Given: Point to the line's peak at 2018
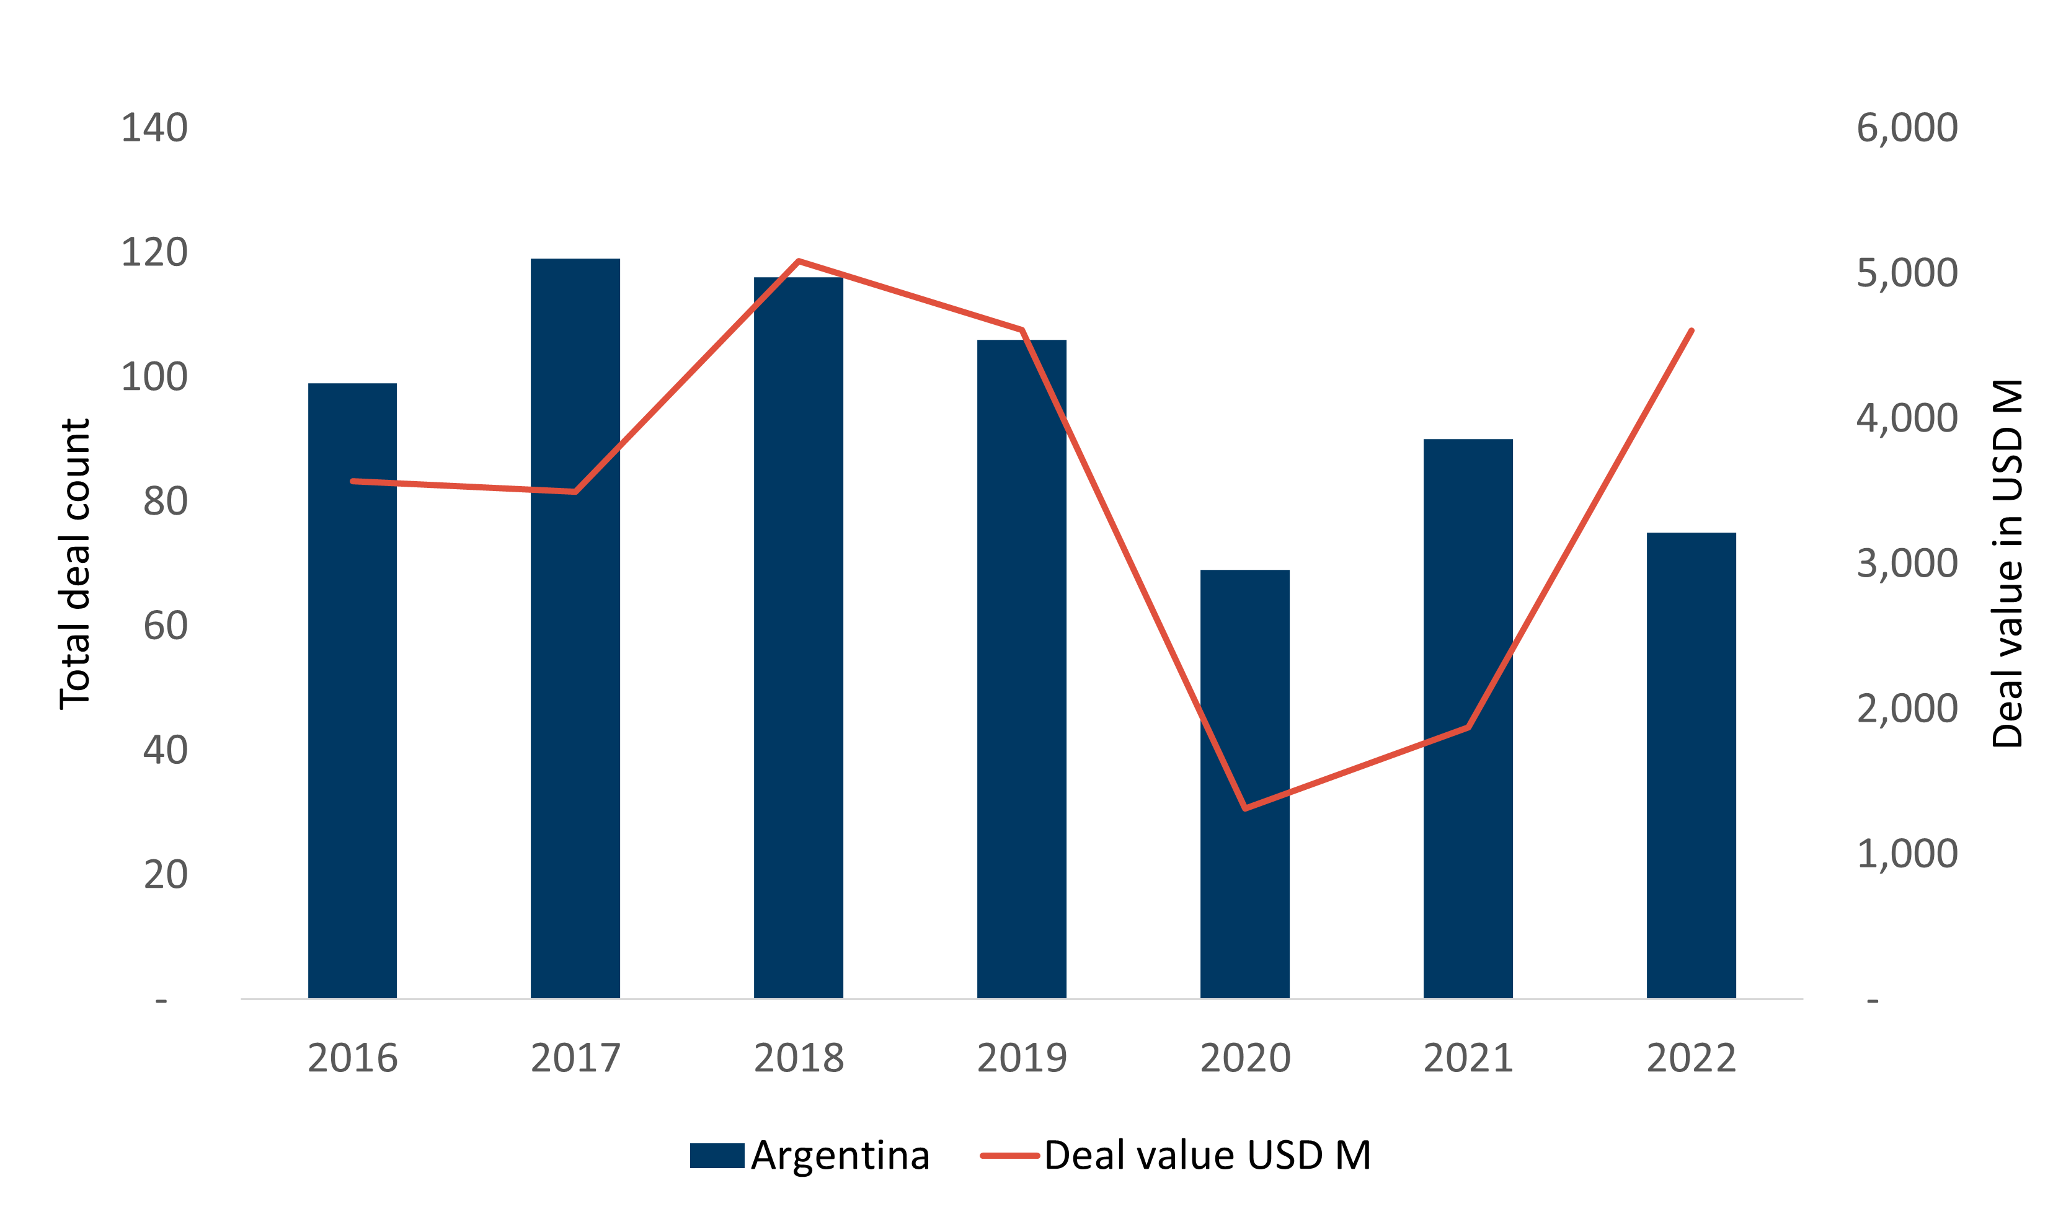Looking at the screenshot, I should pyautogui.click(x=799, y=262).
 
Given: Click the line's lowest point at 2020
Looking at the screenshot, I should pyautogui.click(x=1245, y=808).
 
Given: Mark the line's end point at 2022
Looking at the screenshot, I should pyautogui.click(x=1692, y=330).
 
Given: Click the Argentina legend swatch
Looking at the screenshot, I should pyautogui.click(x=716, y=1155).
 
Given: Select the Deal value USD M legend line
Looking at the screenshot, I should pyautogui.click(x=1009, y=1155).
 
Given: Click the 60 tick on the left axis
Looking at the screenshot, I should pyautogui.click(x=166, y=626).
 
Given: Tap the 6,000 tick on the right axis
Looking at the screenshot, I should pyautogui.click(x=1906, y=128).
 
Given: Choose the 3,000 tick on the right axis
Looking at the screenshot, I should pyautogui.click(x=1906, y=563).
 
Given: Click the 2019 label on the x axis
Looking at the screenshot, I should pyautogui.click(x=1022, y=1058).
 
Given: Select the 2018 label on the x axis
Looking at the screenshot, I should pyautogui.click(x=799, y=1058).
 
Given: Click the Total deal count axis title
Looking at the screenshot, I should pyautogui.click(x=75, y=564).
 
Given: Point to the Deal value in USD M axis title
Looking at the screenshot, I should pyautogui.click(x=2007, y=564).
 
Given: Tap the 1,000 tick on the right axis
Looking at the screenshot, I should pyautogui.click(x=1906, y=853).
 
